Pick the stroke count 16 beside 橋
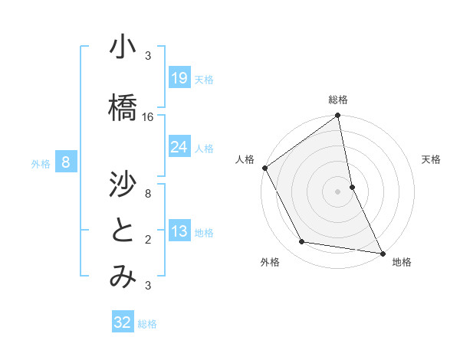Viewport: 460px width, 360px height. pos(148,117)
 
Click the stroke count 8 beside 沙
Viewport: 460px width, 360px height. pos(148,194)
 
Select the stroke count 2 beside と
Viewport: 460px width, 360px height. pos(148,240)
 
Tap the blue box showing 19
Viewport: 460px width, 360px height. pos(179,77)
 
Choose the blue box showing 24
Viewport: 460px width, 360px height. pos(179,146)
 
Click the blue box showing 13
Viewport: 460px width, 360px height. pos(179,232)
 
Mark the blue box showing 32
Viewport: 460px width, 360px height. pos(123,322)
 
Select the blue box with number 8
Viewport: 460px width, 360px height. pos(67,162)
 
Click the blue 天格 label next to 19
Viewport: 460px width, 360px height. pos(204,79)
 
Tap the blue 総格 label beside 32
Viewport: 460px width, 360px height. pos(147,324)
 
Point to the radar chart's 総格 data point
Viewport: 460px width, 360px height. pos(338,116)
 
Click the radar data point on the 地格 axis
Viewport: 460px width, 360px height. pos(382,252)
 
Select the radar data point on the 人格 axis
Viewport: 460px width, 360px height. pos(265,168)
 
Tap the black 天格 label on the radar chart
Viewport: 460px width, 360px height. pos(432,159)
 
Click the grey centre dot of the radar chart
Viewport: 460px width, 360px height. pos(338,191)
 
